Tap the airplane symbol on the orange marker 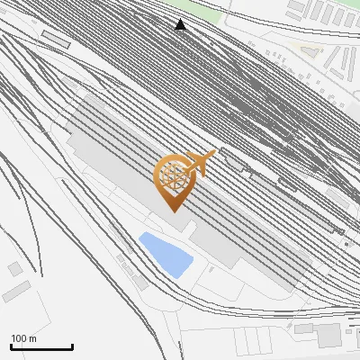[200, 163]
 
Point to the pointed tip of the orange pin [173, 211]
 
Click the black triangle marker [180, 25]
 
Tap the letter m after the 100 [32, 338]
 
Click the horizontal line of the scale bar [41, 347]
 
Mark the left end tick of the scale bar [11, 346]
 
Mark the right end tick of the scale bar [73, 346]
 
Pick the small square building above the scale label [14, 268]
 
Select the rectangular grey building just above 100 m [15, 291]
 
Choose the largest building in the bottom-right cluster [328, 335]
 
